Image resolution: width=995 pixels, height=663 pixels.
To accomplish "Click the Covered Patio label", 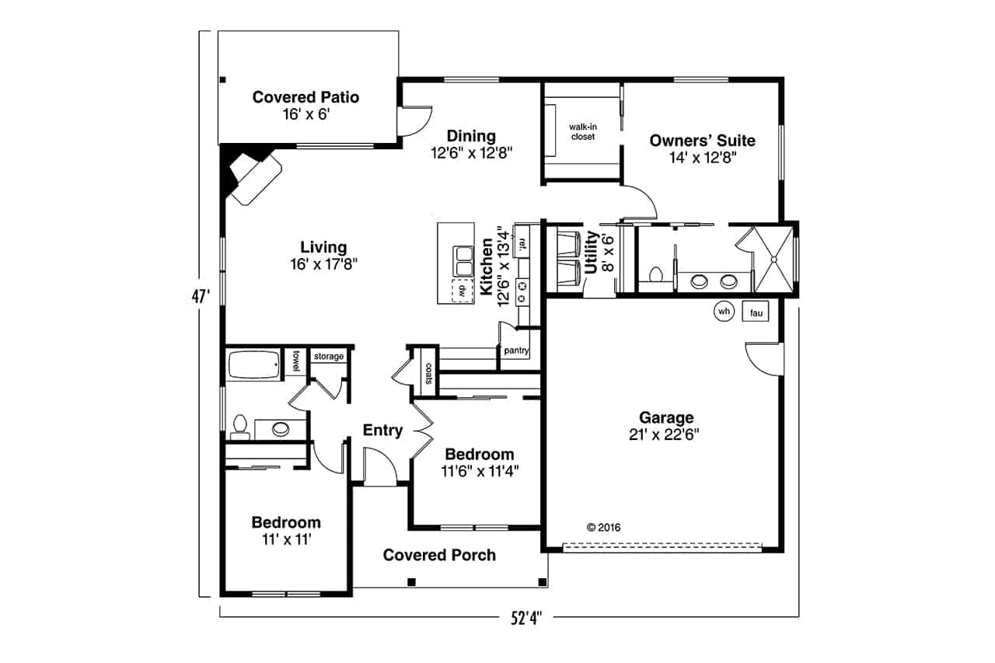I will pos(305,97).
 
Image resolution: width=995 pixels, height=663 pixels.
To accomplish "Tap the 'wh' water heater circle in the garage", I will pos(724,312).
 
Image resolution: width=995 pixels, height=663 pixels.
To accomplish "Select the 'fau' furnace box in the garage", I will pos(755,312).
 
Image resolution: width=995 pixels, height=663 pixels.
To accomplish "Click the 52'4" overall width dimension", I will pos(525,619).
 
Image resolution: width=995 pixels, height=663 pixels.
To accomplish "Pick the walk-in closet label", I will pos(582,131).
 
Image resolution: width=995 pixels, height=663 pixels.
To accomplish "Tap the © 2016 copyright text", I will pos(603,527).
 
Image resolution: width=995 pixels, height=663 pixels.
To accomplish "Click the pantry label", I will pos(516,351).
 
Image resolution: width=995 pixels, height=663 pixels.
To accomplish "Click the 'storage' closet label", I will pos(328,357).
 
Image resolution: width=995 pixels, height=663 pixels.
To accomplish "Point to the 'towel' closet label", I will pos(296,361).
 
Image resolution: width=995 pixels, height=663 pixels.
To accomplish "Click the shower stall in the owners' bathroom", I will pos(773,259).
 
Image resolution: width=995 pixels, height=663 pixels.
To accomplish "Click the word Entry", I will pos(382,431).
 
